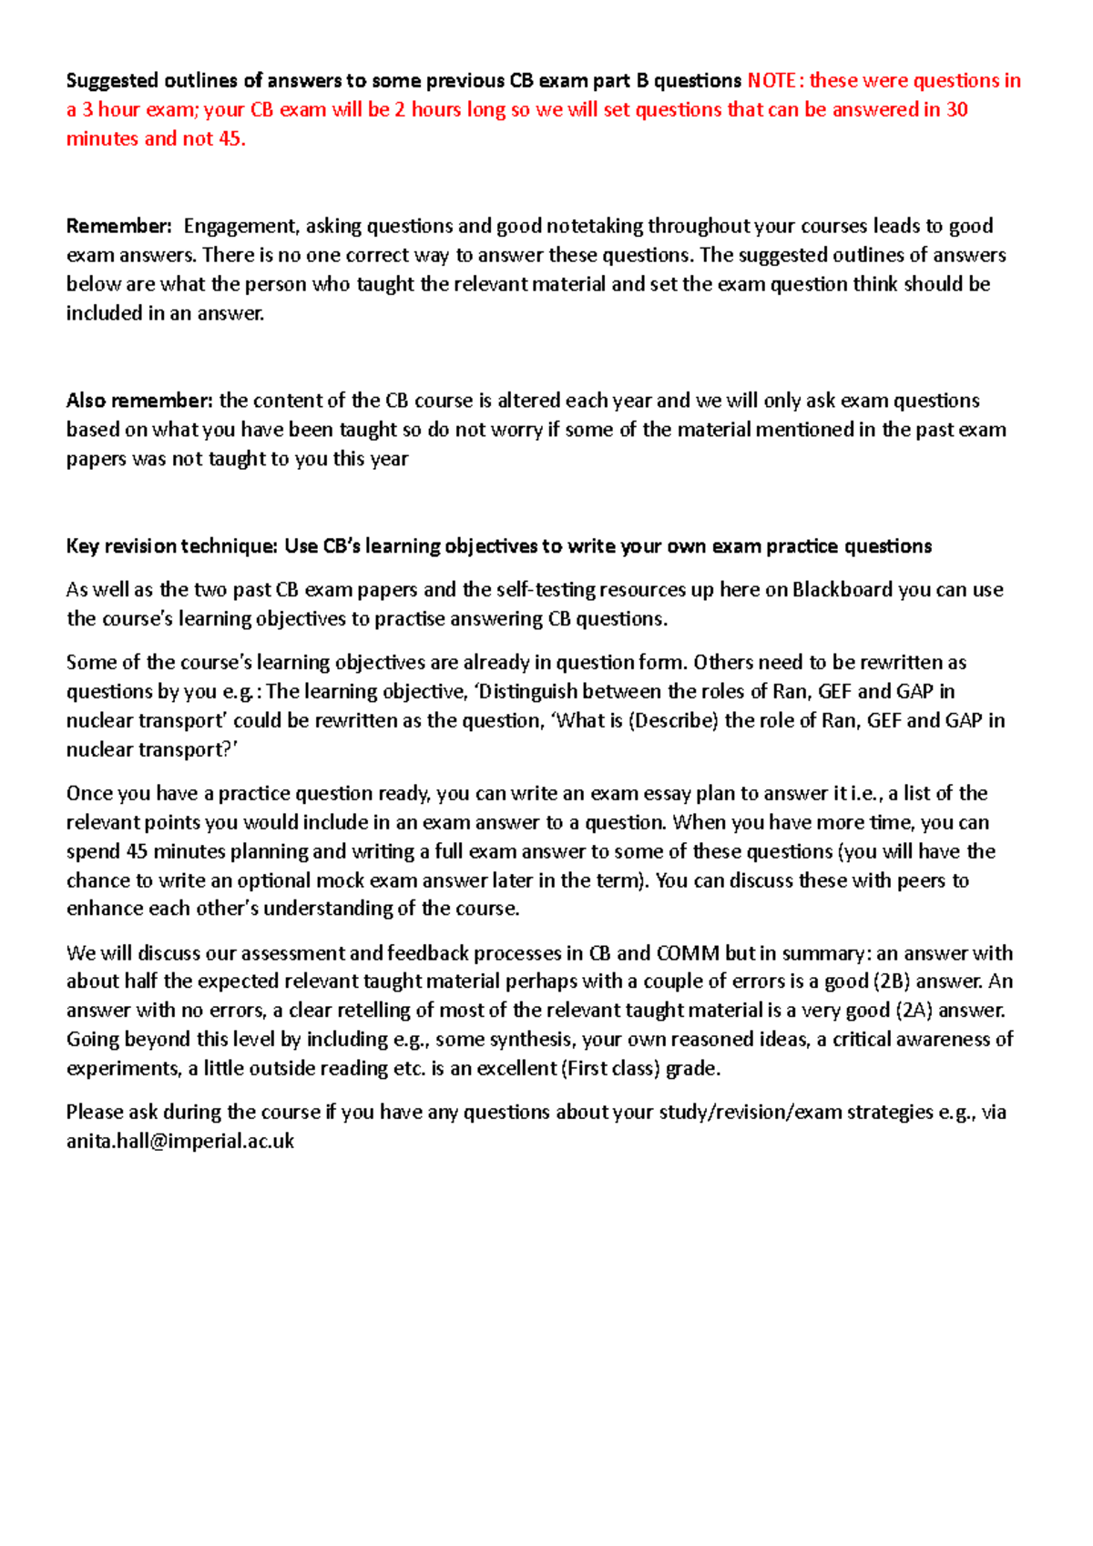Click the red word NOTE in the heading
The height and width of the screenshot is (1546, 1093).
771,80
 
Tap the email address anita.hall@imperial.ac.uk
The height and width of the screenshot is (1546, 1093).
179,1141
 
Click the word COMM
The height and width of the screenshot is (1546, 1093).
688,953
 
